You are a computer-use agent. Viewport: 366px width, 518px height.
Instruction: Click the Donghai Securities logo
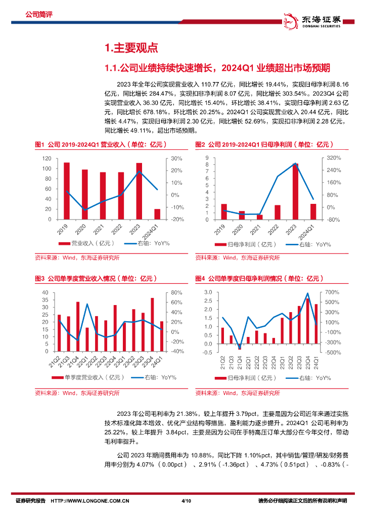[314, 20]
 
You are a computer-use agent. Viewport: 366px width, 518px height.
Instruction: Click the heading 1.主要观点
[131, 48]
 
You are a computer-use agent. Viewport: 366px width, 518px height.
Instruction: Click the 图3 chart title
[96, 278]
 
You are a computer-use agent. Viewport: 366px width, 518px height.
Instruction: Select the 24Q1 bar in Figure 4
[316, 324]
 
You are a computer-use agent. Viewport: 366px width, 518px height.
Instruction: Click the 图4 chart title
[258, 278]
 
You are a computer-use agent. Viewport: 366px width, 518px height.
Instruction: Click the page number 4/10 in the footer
[186, 501]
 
